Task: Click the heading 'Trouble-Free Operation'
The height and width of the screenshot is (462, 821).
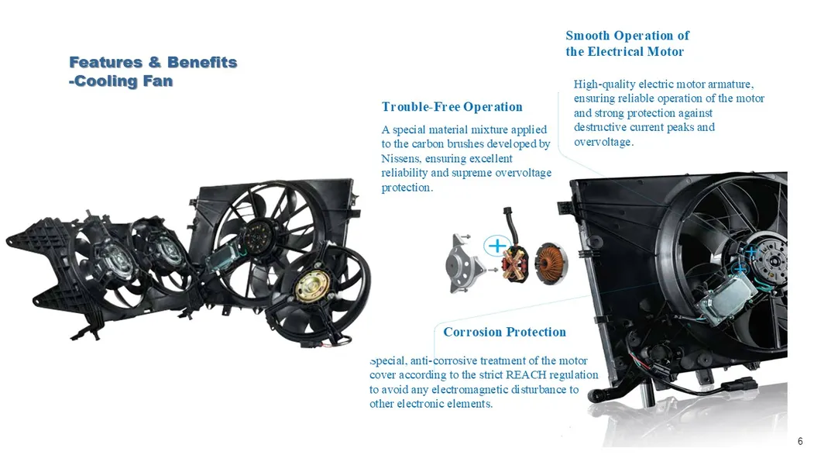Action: [x=452, y=107]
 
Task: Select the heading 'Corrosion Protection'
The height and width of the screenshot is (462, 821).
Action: [x=505, y=332]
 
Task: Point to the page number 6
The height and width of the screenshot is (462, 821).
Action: [x=800, y=441]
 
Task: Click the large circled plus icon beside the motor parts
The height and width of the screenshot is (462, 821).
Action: [x=497, y=245]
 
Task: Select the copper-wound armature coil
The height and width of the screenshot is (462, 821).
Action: [x=551, y=263]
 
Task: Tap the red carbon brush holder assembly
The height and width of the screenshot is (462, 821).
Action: [x=515, y=264]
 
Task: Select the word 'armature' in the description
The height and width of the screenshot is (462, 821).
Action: [x=730, y=84]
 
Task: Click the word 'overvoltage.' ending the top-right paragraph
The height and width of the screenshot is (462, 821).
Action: [x=603, y=142]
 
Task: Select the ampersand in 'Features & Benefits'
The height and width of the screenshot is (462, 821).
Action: [x=154, y=62]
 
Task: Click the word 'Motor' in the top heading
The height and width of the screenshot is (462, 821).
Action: [x=665, y=51]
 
